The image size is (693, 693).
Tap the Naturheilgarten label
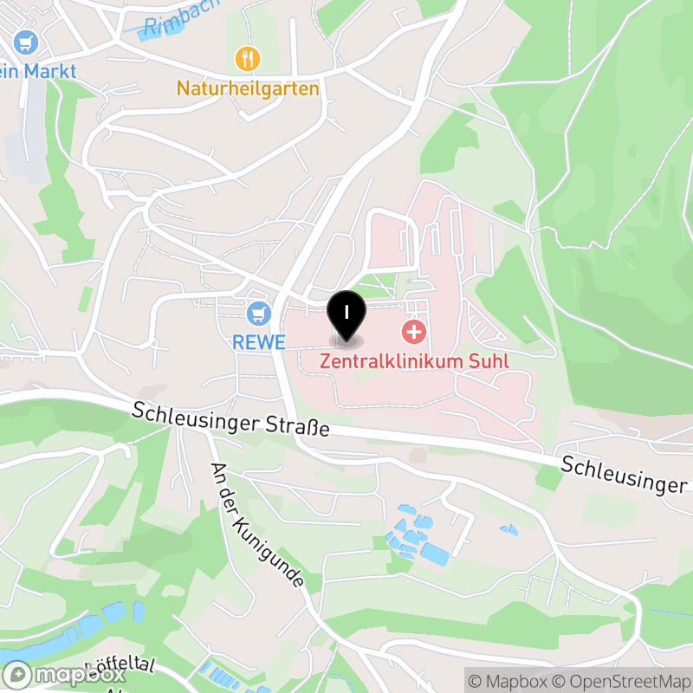248,88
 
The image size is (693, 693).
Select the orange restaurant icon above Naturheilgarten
248,59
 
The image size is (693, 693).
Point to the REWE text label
258,342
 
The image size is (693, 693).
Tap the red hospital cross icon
414,331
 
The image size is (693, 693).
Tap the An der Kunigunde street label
257,525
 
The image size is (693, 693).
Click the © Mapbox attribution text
509,680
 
